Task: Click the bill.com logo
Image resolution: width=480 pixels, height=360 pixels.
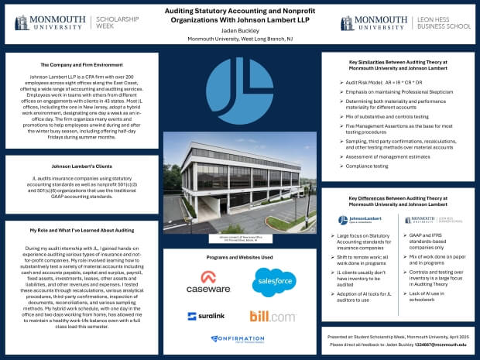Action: [271, 316]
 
